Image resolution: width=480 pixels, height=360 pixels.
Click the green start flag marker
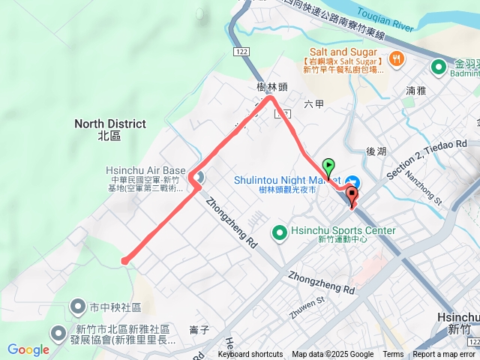point(328,166)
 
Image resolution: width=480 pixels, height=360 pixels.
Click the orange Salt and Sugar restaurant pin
point(396,58)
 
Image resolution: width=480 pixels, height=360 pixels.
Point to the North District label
point(109,129)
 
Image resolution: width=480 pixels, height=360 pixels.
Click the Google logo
point(28,349)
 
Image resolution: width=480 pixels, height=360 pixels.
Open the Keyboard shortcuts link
point(250,355)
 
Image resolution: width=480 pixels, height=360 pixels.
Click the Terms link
point(393,355)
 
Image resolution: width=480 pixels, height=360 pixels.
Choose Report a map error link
point(444,355)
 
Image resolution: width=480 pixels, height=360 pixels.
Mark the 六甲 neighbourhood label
point(314,104)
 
